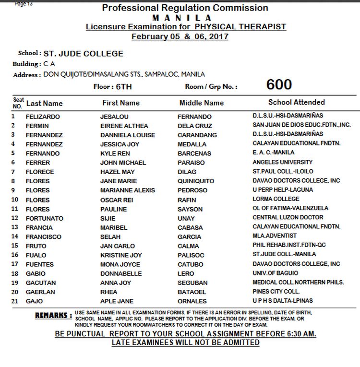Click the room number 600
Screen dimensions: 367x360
(x=279, y=85)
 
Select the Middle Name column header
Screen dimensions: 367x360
(x=201, y=103)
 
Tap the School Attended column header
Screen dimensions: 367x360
(x=296, y=102)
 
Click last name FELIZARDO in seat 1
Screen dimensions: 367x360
(x=43, y=117)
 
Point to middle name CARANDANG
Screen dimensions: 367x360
(x=197, y=135)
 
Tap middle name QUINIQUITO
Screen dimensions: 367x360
(x=196, y=181)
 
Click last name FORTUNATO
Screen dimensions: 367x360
(x=45, y=218)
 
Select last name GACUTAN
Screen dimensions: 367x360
(x=41, y=283)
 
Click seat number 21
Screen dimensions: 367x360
(x=15, y=301)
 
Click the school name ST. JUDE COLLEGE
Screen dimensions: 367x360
(x=84, y=54)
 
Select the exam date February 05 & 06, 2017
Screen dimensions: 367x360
(x=180, y=36)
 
